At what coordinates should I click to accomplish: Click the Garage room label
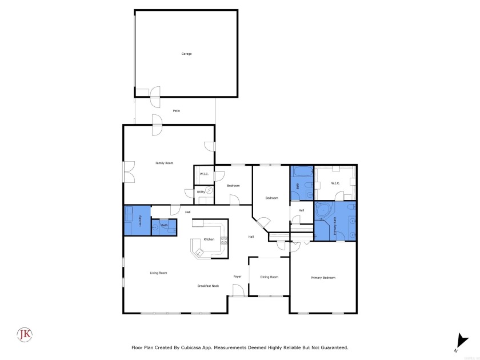coord(186,54)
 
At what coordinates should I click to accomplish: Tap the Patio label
coord(176,110)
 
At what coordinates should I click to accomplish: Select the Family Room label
coord(164,163)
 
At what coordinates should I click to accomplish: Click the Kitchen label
coord(209,239)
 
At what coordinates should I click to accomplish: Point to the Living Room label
coord(158,273)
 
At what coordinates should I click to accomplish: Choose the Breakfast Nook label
coord(207,286)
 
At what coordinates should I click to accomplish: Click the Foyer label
coord(237,277)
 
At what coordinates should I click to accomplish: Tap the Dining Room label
coord(269,277)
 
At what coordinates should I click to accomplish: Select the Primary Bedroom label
coord(323,278)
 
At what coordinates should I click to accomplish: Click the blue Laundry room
coord(137,220)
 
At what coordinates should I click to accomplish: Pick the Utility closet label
coord(201,193)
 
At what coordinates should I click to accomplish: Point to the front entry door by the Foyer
coord(238,290)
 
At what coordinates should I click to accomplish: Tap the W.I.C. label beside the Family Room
coord(204,174)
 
